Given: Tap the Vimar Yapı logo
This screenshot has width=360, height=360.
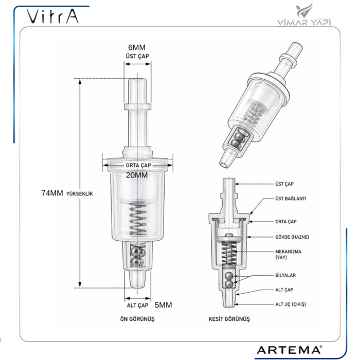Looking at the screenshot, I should (x=308, y=15).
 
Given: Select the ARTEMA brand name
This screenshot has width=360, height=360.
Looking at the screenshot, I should (x=289, y=349).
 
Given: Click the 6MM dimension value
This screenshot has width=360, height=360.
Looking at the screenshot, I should (x=137, y=47).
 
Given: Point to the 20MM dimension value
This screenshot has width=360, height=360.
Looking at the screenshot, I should (x=137, y=175).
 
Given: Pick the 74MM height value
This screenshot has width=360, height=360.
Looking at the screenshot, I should (x=52, y=193).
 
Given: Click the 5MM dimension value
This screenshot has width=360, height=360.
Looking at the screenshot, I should (x=163, y=304).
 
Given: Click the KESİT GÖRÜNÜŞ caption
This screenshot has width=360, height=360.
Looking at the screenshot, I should (x=229, y=319).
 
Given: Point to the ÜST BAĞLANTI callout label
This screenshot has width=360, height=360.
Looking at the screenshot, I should (x=291, y=198).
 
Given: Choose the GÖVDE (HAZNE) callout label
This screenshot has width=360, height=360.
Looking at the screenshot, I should (x=292, y=237).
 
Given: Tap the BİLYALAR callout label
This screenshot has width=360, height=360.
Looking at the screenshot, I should (x=286, y=275).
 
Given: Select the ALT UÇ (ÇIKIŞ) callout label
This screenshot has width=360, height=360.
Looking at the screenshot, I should (x=291, y=304).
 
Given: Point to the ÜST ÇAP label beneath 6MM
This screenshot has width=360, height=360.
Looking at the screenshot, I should (x=137, y=56).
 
